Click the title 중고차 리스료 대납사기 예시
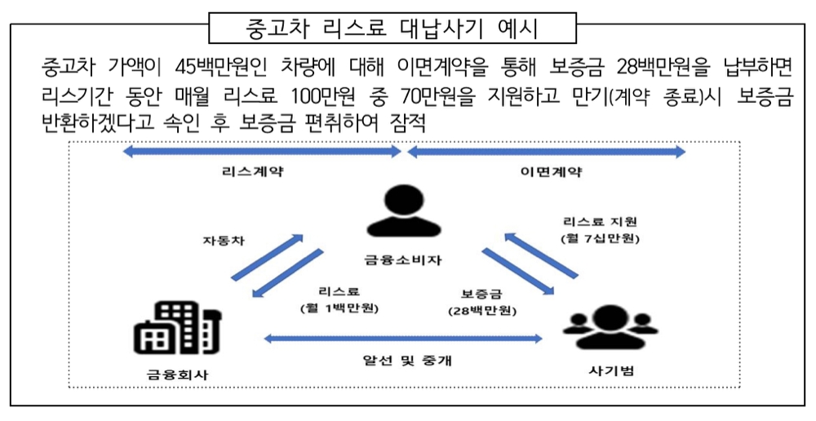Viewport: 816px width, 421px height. pos(392,29)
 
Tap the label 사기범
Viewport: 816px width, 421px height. pos(611,370)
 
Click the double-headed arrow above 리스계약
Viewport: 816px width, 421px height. pos(262,152)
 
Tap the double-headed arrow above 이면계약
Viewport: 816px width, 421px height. pos(546,152)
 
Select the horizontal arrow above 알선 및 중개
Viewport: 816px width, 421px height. pos(402,337)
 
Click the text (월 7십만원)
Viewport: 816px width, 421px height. pos(601,239)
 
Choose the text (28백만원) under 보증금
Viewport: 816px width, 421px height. pos(481,310)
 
